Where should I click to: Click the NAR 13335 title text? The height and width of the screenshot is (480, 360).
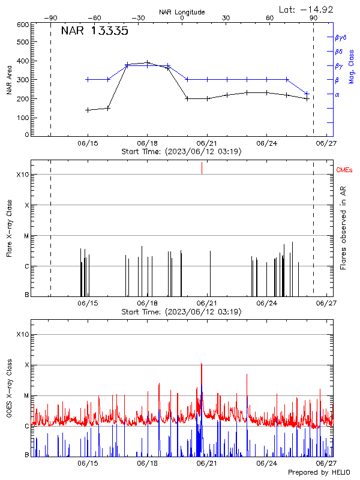point(95,32)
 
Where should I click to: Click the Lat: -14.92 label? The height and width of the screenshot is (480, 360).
point(307,9)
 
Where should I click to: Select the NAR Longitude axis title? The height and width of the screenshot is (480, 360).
point(182,12)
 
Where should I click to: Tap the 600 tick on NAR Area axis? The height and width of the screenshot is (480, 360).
point(23,25)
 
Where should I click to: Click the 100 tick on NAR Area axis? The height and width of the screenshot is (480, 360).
point(23,117)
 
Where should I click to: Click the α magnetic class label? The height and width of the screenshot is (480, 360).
point(337,94)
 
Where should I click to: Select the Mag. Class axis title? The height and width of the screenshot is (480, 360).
point(352,66)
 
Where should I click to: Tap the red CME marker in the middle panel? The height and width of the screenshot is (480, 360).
point(202,169)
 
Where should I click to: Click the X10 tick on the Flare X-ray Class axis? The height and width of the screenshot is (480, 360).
point(23,175)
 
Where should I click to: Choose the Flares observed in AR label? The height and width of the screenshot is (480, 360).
point(343,227)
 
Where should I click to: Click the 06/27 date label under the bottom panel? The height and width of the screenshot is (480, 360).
point(326,464)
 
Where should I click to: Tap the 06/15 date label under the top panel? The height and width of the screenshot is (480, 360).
point(88,144)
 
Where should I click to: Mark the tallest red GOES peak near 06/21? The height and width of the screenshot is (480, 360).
point(202,364)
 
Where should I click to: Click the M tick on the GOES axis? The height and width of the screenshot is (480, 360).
point(26,395)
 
